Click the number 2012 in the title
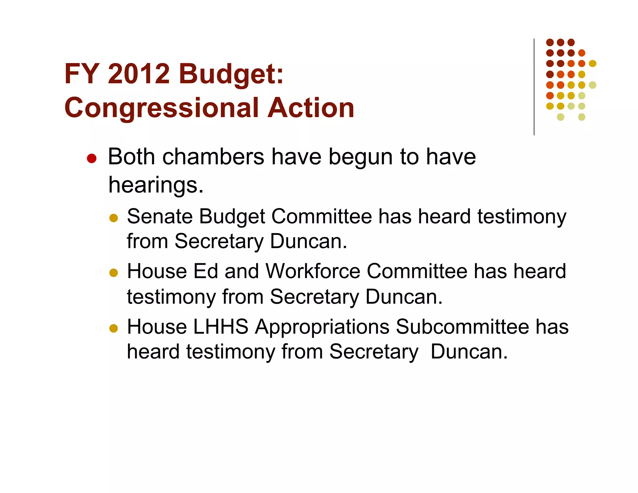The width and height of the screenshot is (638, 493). click(139, 74)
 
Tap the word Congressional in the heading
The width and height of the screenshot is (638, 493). click(162, 108)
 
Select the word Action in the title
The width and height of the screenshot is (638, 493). click(311, 108)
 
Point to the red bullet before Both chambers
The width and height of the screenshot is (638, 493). click(92, 158)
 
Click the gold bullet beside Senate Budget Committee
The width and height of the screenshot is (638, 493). click(114, 218)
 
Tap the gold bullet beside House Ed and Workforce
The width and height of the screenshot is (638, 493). click(114, 273)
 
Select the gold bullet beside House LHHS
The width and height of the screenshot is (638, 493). click(114, 328)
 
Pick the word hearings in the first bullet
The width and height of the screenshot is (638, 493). click(155, 185)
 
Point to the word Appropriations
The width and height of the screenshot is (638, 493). click(322, 327)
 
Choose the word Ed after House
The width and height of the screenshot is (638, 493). click(205, 271)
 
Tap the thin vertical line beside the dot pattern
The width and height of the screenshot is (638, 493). click(534, 87)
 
